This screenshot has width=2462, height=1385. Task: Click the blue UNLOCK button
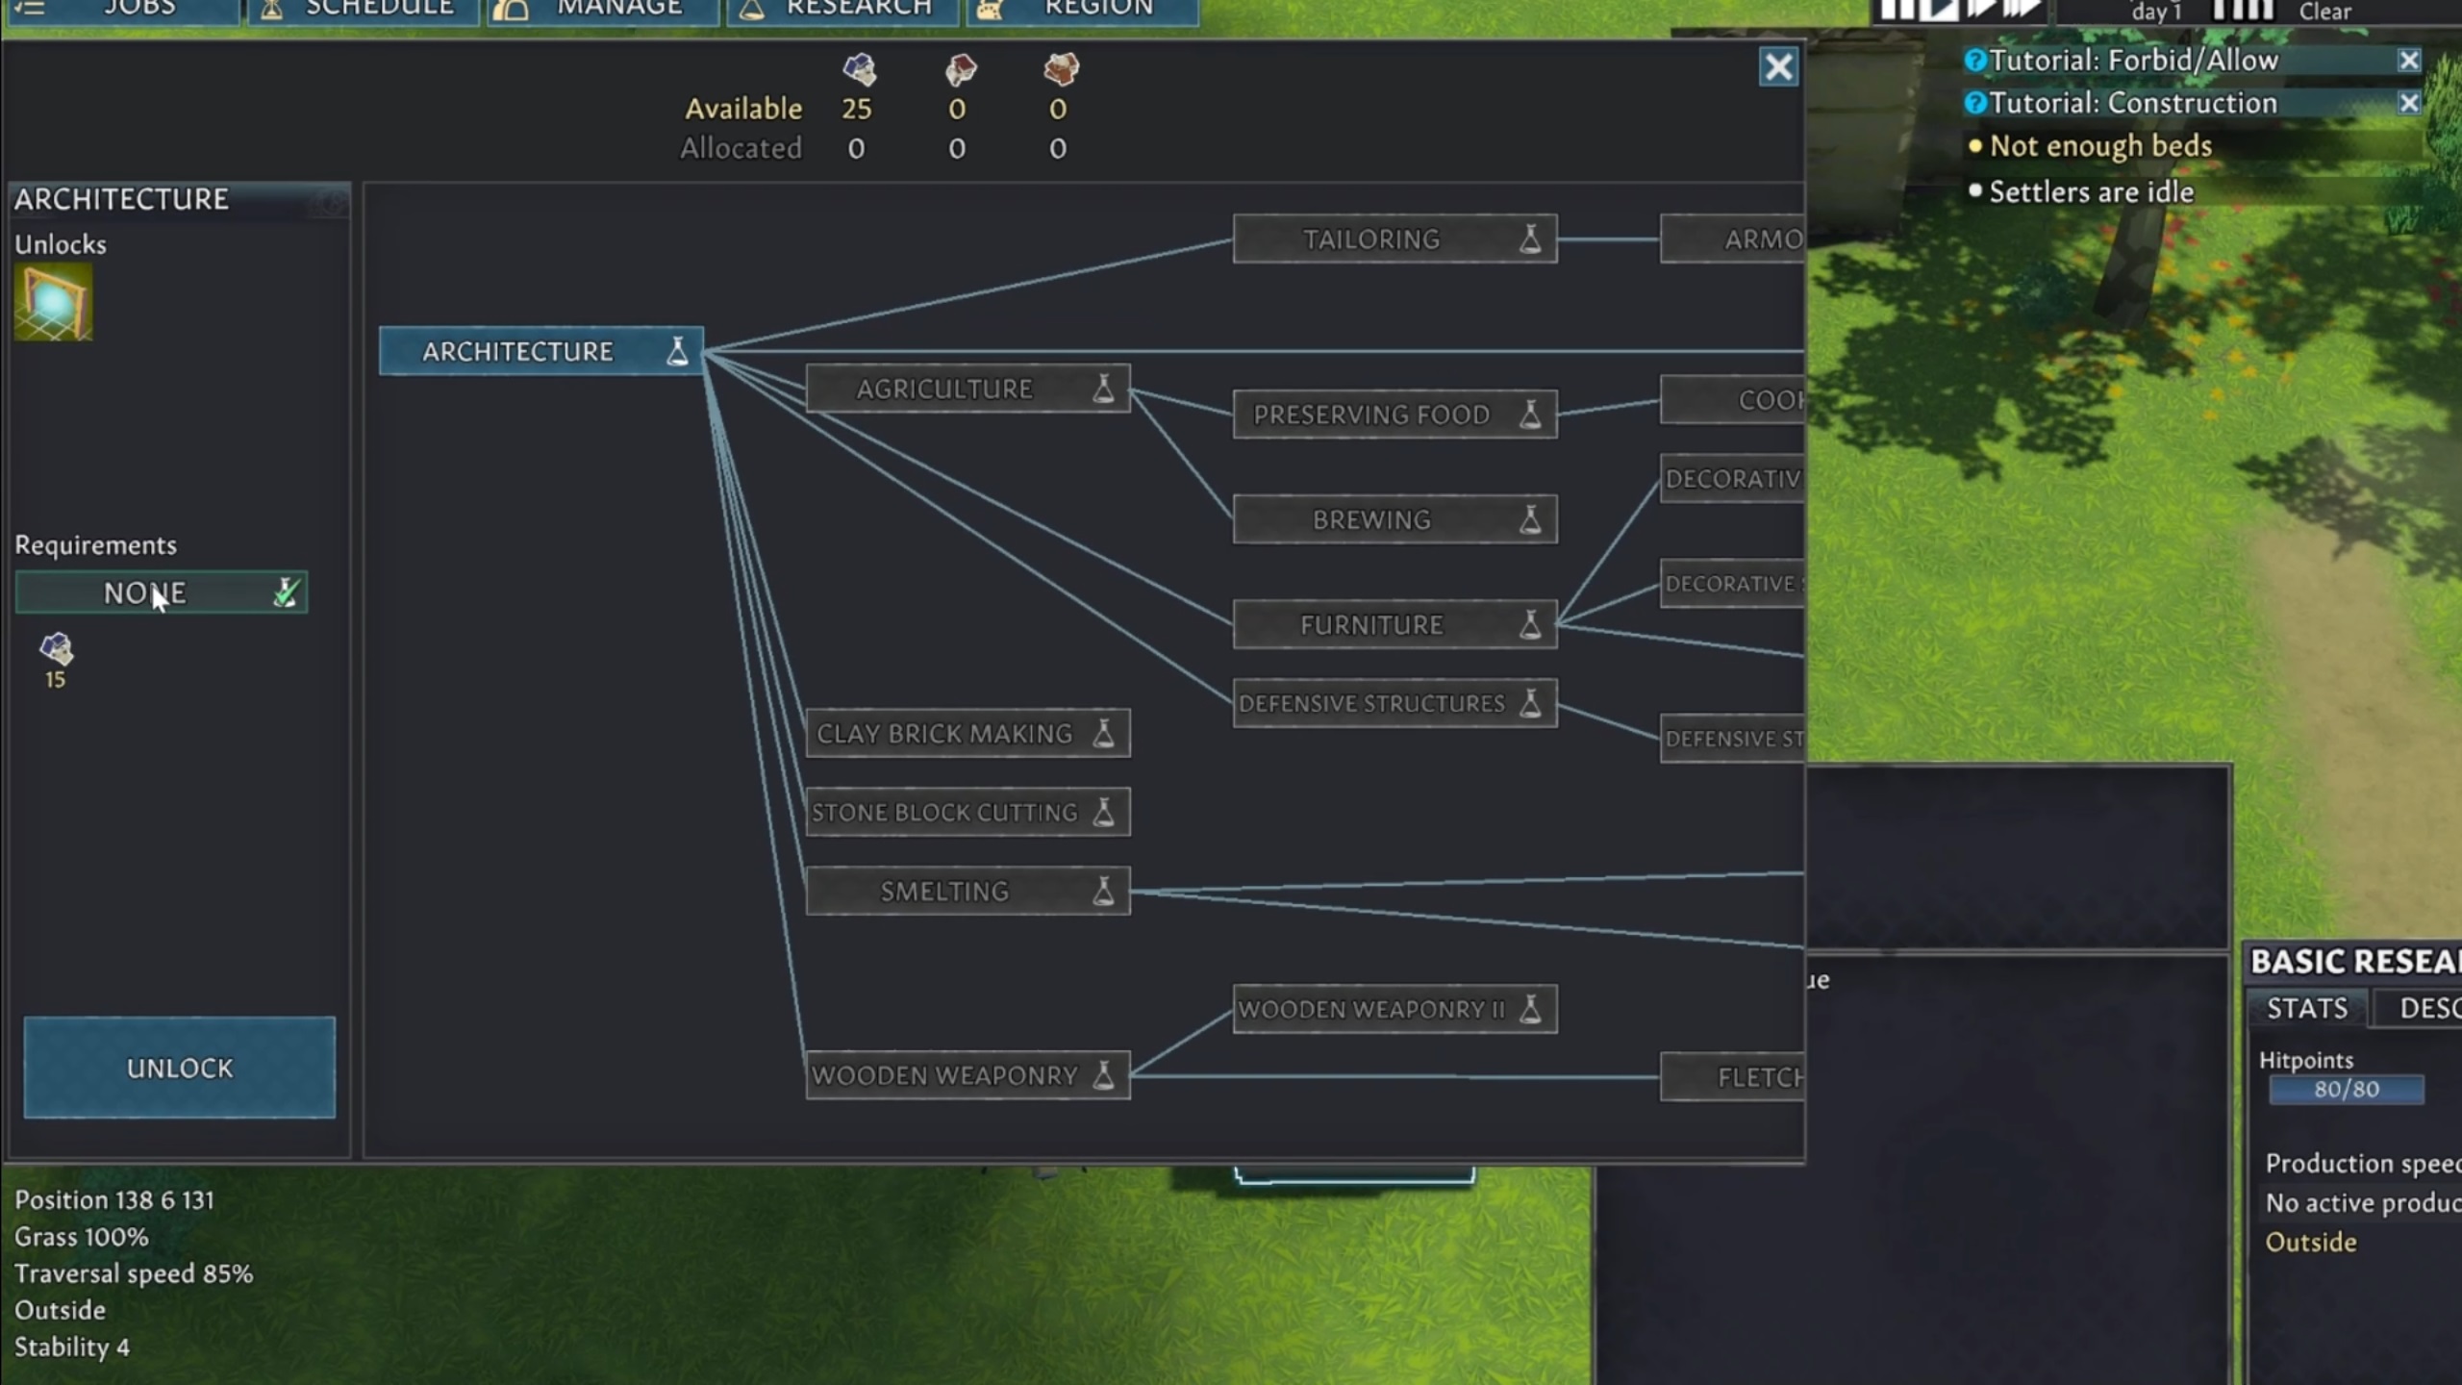(x=180, y=1067)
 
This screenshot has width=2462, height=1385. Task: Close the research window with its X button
(x=1778, y=67)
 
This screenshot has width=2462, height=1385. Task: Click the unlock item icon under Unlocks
(x=54, y=303)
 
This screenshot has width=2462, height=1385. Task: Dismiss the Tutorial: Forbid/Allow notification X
(x=2408, y=61)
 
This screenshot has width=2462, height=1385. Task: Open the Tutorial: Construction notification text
(x=2132, y=103)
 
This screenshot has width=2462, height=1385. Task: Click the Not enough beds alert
(x=2100, y=146)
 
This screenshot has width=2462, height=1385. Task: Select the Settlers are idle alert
(x=2091, y=192)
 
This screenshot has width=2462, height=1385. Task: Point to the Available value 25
(x=856, y=109)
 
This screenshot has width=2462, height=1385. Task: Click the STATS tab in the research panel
(x=2306, y=1008)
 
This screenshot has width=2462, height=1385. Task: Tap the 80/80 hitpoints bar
(x=2346, y=1090)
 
